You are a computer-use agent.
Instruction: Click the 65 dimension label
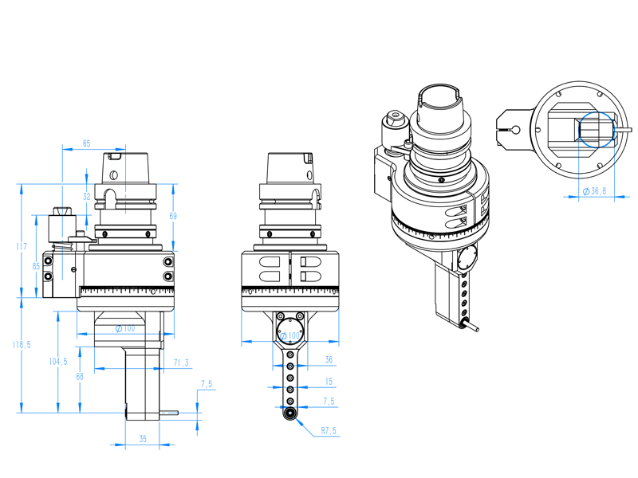87,143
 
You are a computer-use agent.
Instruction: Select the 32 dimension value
87,197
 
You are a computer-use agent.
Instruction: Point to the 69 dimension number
173,216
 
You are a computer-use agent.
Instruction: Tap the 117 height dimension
22,246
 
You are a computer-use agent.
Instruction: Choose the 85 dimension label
36,266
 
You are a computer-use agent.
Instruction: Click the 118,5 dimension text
22,345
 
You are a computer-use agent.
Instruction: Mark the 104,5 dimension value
58,362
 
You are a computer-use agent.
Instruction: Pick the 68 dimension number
80,376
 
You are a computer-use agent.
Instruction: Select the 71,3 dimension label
181,362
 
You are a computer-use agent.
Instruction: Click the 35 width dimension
143,439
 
